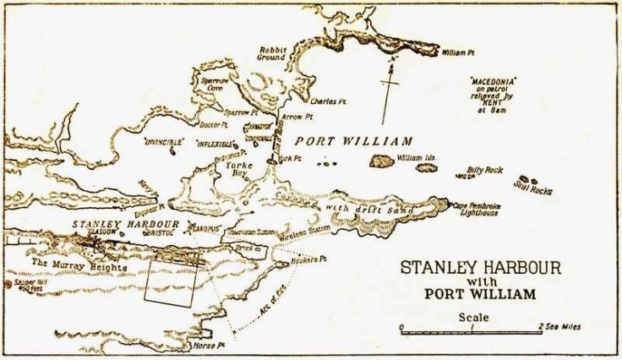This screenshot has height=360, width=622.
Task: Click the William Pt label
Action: [x=461, y=53]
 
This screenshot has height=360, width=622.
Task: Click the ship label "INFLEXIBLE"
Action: [x=216, y=143]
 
